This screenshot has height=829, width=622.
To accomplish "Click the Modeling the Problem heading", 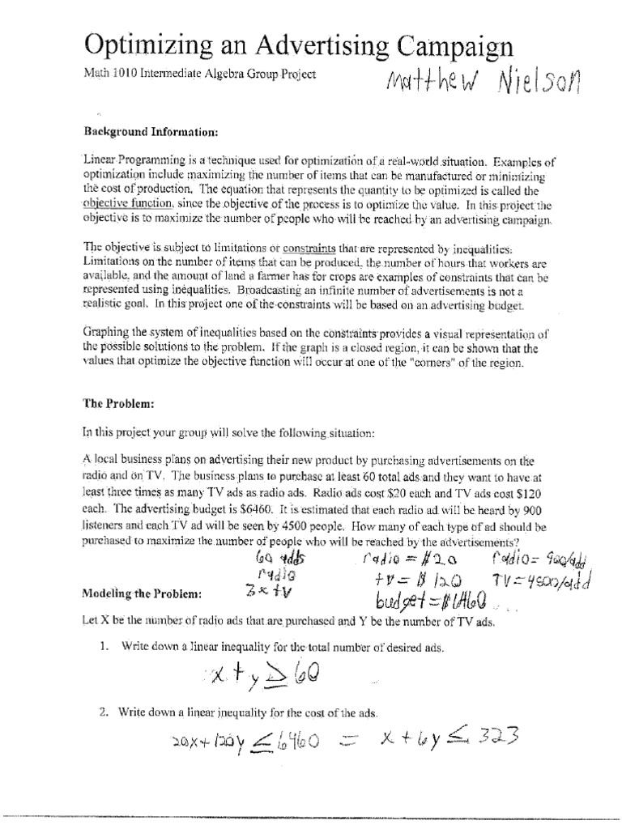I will pos(141,593).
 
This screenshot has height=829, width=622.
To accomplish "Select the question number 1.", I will pos(103,646).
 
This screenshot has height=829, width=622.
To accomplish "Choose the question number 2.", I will pos(103,712).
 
